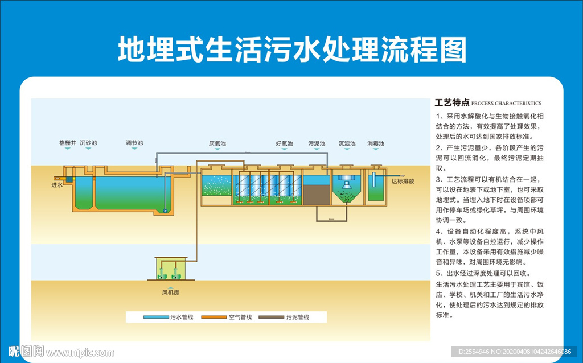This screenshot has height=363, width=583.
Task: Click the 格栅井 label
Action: tap(67, 143)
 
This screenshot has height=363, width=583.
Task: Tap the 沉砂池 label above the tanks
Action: tap(88, 143)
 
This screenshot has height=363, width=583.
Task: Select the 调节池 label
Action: tap(134, 143)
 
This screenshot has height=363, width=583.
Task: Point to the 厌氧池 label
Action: tap(217, 144)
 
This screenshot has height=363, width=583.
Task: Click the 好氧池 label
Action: tap(284, 144)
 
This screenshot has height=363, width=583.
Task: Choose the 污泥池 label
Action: tap(317, 144)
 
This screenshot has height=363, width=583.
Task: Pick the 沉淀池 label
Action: tap(347, 144)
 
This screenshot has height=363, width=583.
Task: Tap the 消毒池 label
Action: tap(376, 144)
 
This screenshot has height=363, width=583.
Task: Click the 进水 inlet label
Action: tap(56, 185)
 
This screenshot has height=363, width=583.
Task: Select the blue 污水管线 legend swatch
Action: tap(155, 317)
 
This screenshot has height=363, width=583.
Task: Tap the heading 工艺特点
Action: tap(451, 103)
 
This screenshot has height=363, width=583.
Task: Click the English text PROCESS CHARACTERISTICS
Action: tap(506, 104)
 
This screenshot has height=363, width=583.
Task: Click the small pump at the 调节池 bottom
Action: tap(165, 211)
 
